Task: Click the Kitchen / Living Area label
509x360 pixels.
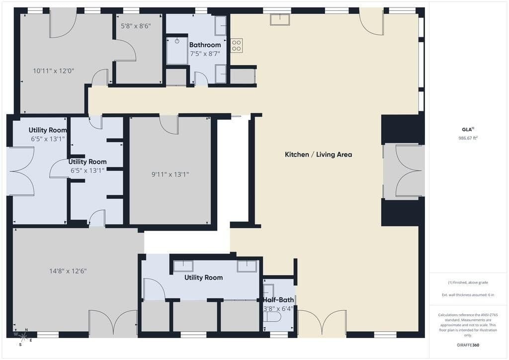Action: [x=318, y=155]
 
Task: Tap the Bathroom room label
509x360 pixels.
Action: [x=205, y=45]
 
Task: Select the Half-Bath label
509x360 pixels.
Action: [x=278, y=300]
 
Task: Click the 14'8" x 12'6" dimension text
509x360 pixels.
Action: [x=68, y=270]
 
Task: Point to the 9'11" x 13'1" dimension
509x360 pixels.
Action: [x=170, y=175]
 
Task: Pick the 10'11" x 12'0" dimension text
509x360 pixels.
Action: [x=54, y=71]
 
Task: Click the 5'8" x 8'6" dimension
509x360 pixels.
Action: [x=136, y=26]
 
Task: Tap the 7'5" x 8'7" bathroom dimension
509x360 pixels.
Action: [x=205, y=54]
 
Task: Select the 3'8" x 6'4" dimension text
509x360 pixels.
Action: [x=278, y=308]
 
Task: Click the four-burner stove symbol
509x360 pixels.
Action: [x=236, y=45]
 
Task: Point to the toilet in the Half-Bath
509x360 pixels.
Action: [x=272, y=317]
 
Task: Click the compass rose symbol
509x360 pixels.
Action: [x=23, y=337]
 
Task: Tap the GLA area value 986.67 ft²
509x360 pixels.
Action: [x=468, y=138]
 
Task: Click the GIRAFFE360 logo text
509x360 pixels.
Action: [x=468, y=345]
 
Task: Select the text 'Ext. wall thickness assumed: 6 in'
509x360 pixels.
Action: [x=468, y=295]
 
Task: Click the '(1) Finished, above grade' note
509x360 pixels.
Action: [x=468, y=282]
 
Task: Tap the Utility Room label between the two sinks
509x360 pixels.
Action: [x=203, y=277]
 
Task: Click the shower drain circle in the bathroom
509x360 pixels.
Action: [x=177, y=41]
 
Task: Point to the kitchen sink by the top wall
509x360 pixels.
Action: [x=280, y=19]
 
